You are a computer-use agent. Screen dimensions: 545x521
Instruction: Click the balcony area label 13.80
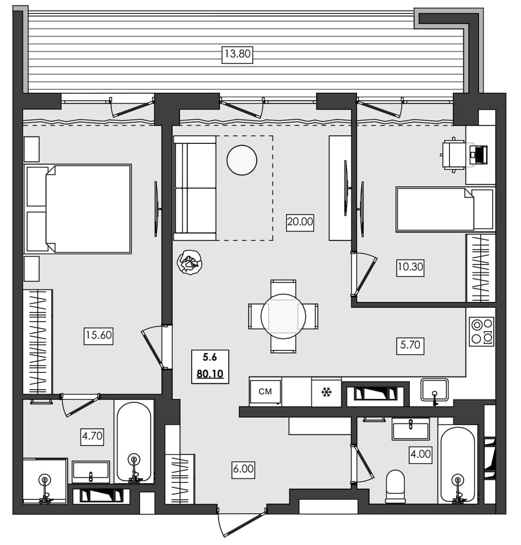[238, 55]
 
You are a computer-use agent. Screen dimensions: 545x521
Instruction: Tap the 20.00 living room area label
[300, 222]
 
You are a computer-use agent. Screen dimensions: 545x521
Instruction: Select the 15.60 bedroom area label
[98, 335]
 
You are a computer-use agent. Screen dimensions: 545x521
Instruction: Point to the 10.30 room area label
[410, 267]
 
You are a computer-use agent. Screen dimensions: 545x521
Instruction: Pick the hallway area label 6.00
[243, 469]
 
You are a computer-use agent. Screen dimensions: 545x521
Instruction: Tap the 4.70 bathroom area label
[92, 435]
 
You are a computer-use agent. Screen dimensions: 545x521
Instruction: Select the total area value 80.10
[210, 374]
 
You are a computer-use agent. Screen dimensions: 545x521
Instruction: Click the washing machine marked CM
[265, 391]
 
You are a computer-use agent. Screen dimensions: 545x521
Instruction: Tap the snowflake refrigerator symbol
[326, 392]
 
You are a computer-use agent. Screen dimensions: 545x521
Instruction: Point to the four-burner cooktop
[481, 331]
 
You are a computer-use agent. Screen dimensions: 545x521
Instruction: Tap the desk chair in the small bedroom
[452, 155]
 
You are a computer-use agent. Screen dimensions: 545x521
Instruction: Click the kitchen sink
[434, 390]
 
